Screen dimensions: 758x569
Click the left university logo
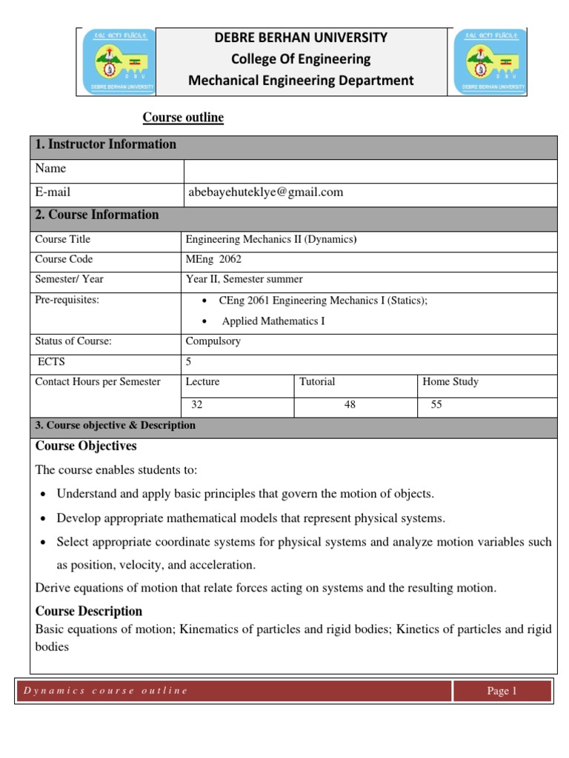(x=116, y=62)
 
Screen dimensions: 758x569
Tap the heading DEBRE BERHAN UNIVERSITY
(x=300, y=37)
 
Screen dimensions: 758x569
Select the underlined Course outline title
(x=183, y=118)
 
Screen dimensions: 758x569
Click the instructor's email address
(x=264, y=192)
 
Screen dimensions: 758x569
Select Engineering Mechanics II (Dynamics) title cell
(x=271, y=240)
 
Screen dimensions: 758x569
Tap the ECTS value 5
(x=189, y=362)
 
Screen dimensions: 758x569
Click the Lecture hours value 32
(x=197, y=405)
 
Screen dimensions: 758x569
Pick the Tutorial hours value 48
(x=350, y=405)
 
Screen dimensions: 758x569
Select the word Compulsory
(x=213, y=342)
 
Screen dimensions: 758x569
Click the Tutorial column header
(x=317, y=382)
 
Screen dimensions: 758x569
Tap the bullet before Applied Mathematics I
(x=204, y=322)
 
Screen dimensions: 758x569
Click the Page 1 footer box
(x=502, y=691)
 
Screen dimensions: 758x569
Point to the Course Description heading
(x=89, y=611)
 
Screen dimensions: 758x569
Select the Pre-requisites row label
(x=67, y=300)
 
